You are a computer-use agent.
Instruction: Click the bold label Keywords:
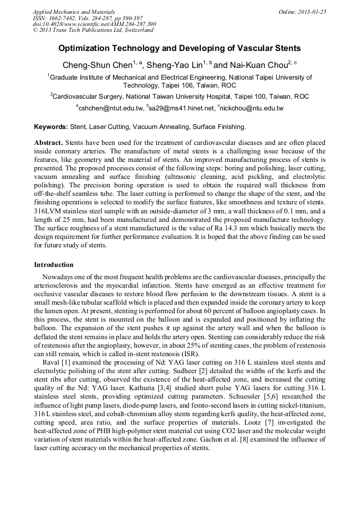[x=51, y=127]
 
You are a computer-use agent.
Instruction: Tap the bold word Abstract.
[x=48, y=144]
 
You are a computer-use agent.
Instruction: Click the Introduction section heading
[x=54, y=264]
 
